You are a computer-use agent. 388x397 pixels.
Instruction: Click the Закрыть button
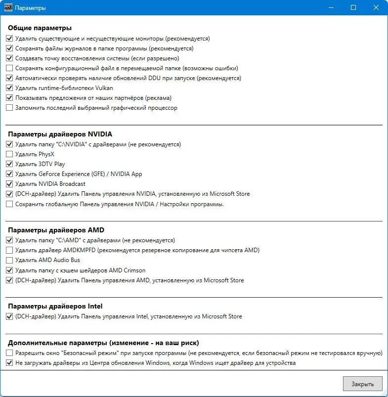pos(362,384)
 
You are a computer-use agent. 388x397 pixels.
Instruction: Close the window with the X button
pos(377,8)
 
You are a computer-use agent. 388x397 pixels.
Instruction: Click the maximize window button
pos(353,8)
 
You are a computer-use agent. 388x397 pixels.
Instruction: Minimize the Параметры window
pos(330,8)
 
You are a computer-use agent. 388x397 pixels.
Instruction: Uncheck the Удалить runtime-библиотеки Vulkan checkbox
pos(9,88)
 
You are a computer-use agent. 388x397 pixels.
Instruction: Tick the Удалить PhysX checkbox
pos(9,154)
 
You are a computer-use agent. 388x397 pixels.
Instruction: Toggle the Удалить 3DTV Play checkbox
pos(9,164)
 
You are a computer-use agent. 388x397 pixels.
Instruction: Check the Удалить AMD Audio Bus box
pos(9,260)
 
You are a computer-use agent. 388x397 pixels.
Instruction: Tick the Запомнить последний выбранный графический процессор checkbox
pos(9,108)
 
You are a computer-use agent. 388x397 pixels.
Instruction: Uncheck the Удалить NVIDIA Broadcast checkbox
pos(9,184)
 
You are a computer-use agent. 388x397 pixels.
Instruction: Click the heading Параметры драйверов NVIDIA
pos(60,134)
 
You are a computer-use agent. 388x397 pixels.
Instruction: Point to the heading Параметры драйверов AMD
pos(56,230)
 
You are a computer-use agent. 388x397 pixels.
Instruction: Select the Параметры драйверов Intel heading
pos(55,306)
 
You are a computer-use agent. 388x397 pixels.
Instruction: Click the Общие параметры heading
pos(40,28)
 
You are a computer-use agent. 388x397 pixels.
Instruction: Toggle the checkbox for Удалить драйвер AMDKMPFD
pos(9,250)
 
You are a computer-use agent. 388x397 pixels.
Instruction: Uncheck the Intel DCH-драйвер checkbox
pos(9,316)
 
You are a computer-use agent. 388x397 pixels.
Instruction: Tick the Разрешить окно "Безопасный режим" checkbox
pos(9,353)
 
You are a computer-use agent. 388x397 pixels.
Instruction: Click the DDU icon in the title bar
pos(7,8)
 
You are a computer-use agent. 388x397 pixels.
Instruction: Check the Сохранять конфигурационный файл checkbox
pos(9,68)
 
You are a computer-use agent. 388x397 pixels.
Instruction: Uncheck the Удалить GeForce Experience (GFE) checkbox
pos(9,174)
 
